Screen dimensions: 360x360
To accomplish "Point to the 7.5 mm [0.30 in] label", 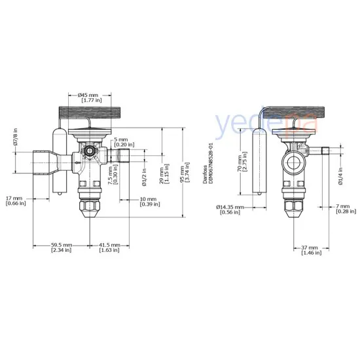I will pyautogui.click(x=115, y=173).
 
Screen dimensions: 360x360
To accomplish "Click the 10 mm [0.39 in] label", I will pyautogui.click(x=149, y=202).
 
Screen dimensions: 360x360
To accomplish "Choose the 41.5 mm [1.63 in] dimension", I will pyautogui.click(x=109, y=247).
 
